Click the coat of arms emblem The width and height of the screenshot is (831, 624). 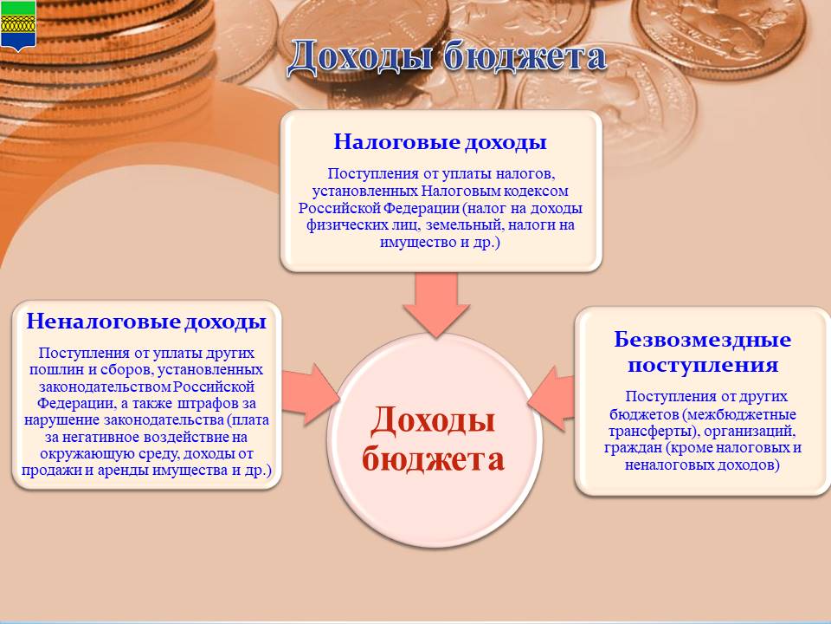(x=18, y=25)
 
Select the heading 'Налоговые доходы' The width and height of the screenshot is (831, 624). (x=440, y=142)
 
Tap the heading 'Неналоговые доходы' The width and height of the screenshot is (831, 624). (x=146, y=322)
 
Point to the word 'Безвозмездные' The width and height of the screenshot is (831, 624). (x=702, y=340)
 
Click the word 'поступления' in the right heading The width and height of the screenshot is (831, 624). (x=703, y=365)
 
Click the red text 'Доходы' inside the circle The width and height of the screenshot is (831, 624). (x=433, y=420)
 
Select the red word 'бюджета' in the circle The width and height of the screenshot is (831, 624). (x=433, y=458)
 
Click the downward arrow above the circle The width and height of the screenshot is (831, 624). (x=436, y=305)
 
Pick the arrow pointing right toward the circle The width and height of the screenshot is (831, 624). (x=310, y=394)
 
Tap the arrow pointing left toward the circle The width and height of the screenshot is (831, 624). (x=551, y=398)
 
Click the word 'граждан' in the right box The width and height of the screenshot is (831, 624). (x=633, y=448)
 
